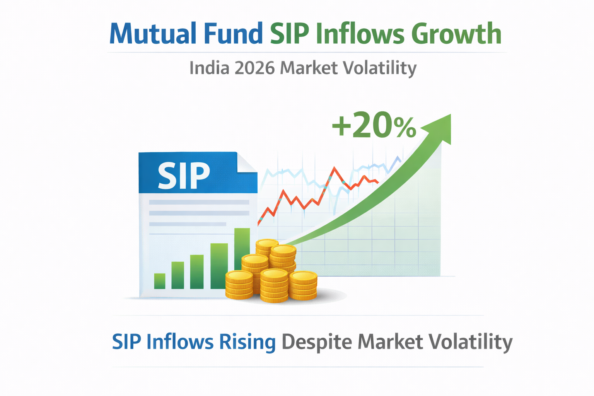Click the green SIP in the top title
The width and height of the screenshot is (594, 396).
tap(289, 34)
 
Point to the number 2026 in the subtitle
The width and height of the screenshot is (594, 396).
tap(254, 68)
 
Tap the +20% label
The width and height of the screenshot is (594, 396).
tap(374, 126)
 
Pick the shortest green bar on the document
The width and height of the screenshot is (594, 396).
tap(160, 281)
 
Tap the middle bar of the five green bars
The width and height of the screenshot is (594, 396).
tap(197, 272)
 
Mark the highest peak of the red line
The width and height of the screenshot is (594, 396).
tap(335, 168)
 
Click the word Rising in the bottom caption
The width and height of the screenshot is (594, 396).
tap(247, 342)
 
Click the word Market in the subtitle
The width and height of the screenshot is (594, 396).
tap(308, 68)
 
